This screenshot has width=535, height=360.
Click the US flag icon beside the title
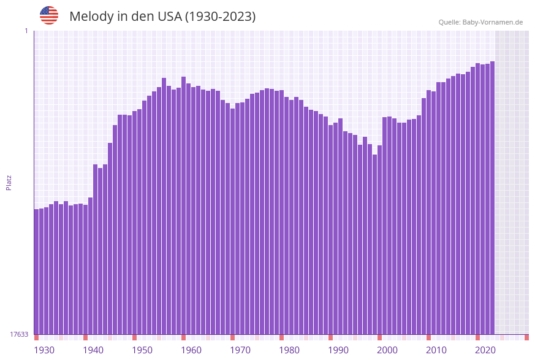(49, 15)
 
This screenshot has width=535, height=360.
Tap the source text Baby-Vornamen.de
(493, 22)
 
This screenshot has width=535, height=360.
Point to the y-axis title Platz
(9, 182)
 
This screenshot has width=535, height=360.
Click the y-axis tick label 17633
(19, 334)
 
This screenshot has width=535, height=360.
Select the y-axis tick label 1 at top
(26, 31)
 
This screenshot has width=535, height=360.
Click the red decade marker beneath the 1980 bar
(281, 337)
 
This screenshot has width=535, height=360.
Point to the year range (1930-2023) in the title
(221, 17)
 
